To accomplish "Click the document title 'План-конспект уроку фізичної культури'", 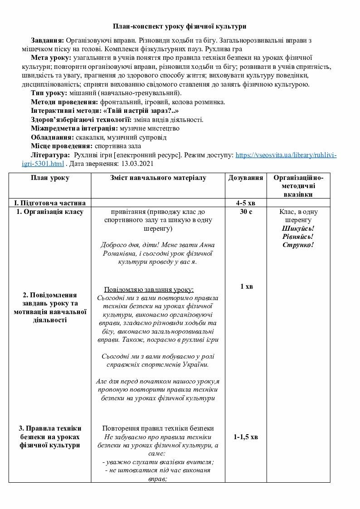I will (180, 27).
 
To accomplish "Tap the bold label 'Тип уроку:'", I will (49, 93).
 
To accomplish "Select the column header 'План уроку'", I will (50, 178).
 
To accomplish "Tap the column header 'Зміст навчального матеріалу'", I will (158, 178).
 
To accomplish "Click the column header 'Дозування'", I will (246, 178).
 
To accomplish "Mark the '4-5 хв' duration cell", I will (246, 203).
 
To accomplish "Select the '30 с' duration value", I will (246, 212).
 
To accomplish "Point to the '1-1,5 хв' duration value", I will (246, 437).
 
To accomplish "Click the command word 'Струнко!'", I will (298, 245).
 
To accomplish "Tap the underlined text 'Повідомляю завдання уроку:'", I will (149, 290).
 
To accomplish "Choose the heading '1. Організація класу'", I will (50, 212).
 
